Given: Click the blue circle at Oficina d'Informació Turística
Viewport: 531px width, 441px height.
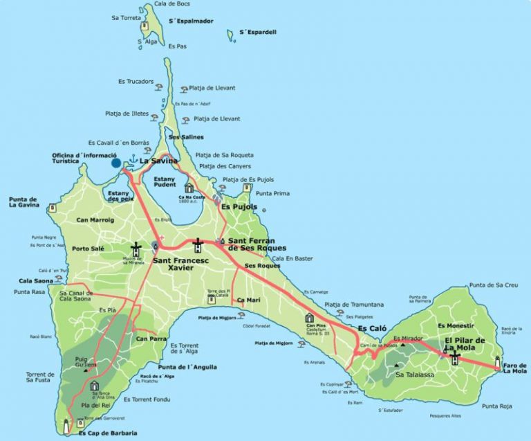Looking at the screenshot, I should [116, 163].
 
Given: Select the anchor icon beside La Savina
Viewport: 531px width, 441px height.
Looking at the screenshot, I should [130, 161].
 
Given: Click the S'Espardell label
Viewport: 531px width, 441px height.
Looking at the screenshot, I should [258, 32].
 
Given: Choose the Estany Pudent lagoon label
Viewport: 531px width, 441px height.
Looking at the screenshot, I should [165, 181].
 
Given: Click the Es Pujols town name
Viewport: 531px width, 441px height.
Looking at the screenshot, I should [239, 206].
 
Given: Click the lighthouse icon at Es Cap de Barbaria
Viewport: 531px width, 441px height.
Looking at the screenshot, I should [67, 426].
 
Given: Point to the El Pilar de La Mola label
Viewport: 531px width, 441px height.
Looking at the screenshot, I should [465, 345].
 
